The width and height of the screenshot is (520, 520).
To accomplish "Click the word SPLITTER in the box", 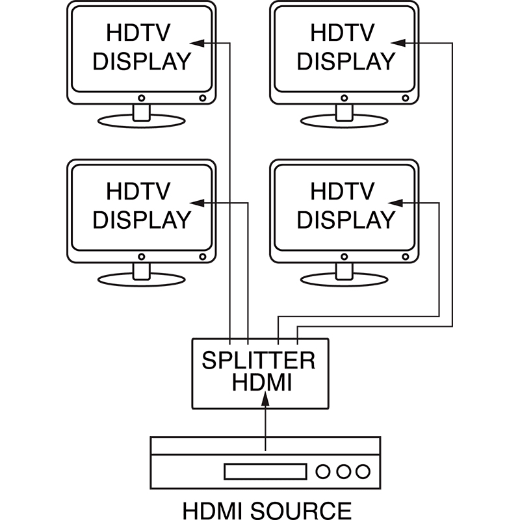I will tap(259, 360).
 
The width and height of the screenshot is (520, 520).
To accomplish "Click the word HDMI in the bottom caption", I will tap(207, 509).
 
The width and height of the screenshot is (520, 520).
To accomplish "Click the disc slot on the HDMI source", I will tap(265, 471).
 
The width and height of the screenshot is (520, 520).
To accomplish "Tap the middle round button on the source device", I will tap(344, 471).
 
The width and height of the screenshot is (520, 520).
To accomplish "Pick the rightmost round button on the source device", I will tap(364, 471).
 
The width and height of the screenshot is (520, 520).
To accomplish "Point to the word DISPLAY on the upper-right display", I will tap(346, 61).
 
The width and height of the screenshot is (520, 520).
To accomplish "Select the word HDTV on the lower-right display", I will tap(343, 192).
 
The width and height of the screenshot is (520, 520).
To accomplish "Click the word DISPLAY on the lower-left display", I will tap(142, 220).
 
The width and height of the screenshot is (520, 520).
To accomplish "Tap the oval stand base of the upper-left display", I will tap(141, 120).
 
